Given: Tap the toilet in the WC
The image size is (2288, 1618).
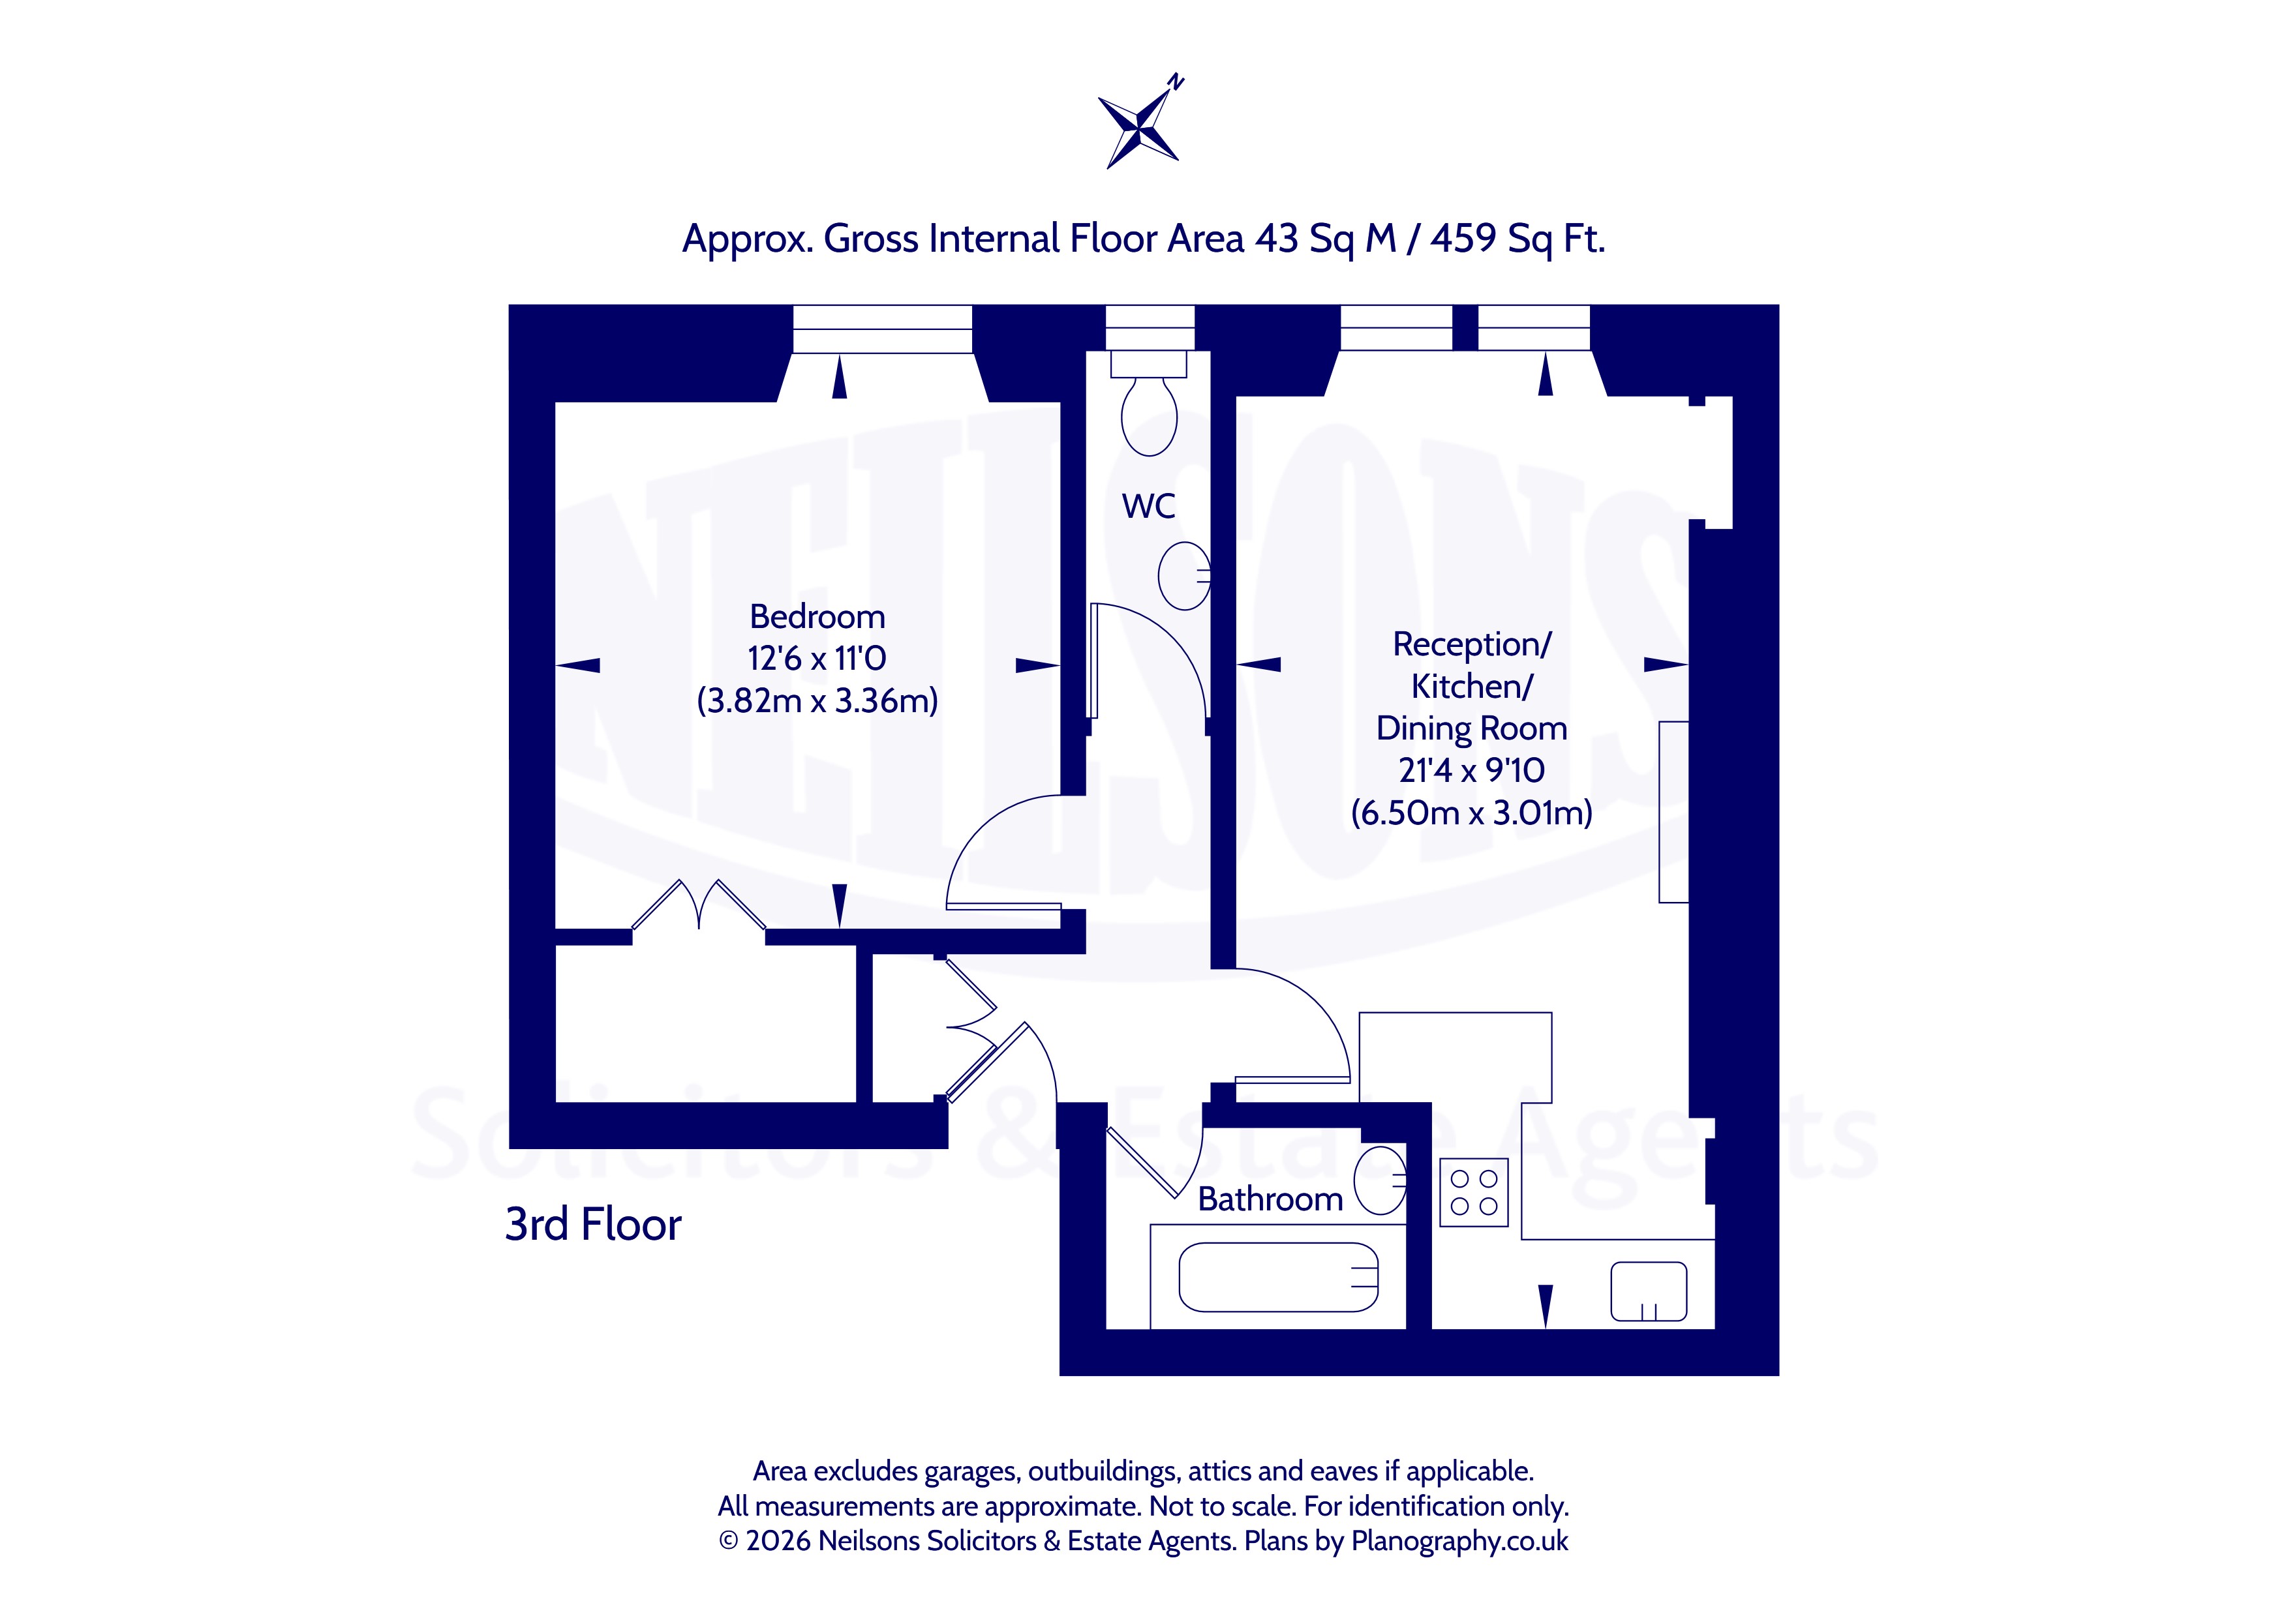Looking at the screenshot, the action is point(1149,404).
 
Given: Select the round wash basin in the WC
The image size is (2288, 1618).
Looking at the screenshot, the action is point(1184,575).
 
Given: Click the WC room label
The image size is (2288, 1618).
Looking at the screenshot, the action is point(1148,506).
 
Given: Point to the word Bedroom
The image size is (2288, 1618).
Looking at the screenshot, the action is point(817,617).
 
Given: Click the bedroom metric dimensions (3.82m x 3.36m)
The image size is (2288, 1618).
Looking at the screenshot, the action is point(817,700).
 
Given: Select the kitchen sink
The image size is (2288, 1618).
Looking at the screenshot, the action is point(1648,1291).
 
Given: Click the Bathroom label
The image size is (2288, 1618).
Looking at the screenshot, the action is point(1270,1199).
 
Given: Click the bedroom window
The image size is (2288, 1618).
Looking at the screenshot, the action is point(882,329).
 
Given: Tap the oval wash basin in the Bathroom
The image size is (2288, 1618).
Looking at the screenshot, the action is point(1380,1180).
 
